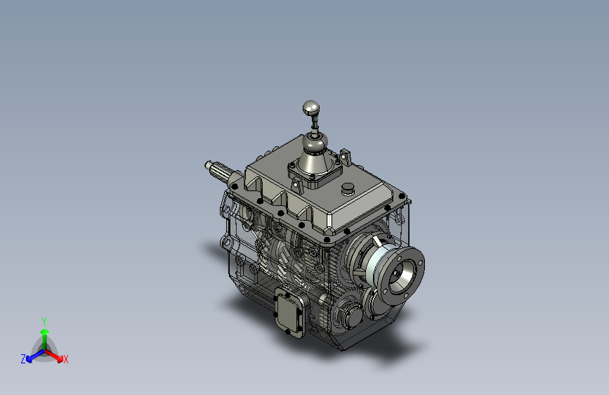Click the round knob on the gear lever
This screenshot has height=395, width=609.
pyautogui.click(x=310, y=108)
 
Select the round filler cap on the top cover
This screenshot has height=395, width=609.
pyautogui.click(x=348, y=189)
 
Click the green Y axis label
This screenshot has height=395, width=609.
pyautogui.click(x=44, y=321)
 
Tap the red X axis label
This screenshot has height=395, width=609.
pyautogui.click(x=66, y=360)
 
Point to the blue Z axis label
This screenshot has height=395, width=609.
pyautogui.click(x=23, y=359)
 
